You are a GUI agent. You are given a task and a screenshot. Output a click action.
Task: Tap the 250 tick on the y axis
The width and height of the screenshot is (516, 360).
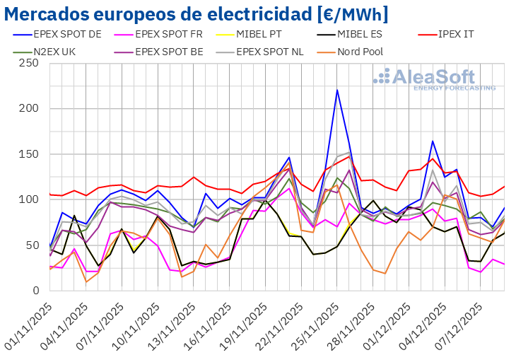(28, 63)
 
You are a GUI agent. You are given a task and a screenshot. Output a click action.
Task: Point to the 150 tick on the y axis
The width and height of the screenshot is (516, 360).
(28, 154)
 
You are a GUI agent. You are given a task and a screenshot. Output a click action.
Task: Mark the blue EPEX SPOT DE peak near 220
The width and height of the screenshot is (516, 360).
(337, 90)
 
